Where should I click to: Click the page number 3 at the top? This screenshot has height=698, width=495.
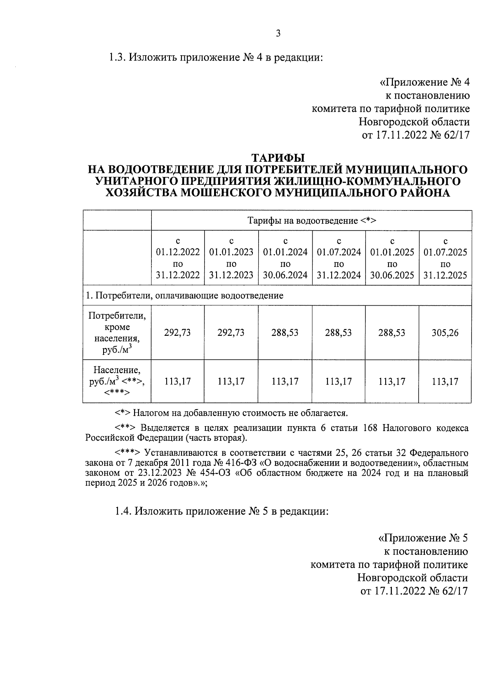tap(278, 33)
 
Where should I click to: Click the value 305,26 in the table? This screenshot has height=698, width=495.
tap(445, 332)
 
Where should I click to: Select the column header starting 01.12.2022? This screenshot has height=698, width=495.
tap(178, 258)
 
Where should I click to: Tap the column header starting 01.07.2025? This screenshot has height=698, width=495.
tap(445, 258)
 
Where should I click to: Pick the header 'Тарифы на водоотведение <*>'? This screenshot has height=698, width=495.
tap(311, 221)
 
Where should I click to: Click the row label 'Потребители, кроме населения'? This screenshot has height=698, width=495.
tap(117, 332)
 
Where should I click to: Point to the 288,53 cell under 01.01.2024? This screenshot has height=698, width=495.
tap(285, 332)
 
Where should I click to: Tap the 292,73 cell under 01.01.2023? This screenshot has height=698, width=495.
tap(231, 332)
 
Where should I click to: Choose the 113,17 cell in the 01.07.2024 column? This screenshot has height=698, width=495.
tap(338, 382)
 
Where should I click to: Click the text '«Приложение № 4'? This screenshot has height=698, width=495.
tap(424, 82)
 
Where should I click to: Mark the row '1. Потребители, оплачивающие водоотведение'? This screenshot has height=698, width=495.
tap(184, 295)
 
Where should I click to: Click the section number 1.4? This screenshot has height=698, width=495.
tap(123, 512)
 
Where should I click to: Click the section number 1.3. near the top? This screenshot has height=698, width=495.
tap(118, 57)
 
